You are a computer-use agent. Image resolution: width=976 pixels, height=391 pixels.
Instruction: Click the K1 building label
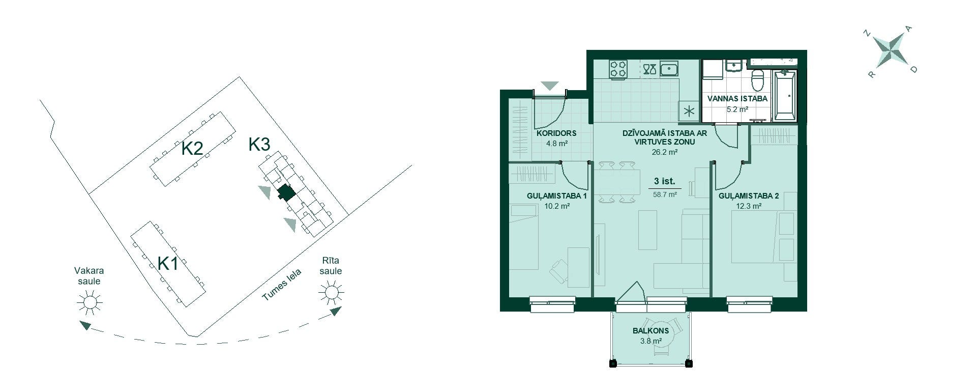(168, 263)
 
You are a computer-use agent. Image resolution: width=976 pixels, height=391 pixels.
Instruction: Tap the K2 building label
(193, 149)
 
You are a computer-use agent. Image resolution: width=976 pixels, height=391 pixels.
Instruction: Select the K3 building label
(259, 145)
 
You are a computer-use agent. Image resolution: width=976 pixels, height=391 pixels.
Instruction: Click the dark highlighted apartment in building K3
(286, 192)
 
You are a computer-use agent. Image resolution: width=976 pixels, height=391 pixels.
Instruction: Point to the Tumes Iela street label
(282, 285)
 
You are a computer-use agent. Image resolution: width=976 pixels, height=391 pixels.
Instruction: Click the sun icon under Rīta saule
(331, 292)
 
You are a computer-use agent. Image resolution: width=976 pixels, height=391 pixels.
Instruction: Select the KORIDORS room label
(556, 133)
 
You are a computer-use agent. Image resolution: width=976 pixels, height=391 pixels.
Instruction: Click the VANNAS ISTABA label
(737, 99)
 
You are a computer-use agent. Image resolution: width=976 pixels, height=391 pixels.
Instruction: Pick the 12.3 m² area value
(749, 206)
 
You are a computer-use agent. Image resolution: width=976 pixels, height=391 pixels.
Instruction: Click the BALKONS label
(650, 330)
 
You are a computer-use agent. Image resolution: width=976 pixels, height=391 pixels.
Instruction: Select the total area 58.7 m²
(665, 194)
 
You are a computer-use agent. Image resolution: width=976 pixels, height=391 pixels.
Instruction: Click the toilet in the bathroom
(758, 79)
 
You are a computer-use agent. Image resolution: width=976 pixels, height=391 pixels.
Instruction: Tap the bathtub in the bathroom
(785, 96)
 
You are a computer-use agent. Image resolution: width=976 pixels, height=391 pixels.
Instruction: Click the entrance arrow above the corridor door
(549, 86)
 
